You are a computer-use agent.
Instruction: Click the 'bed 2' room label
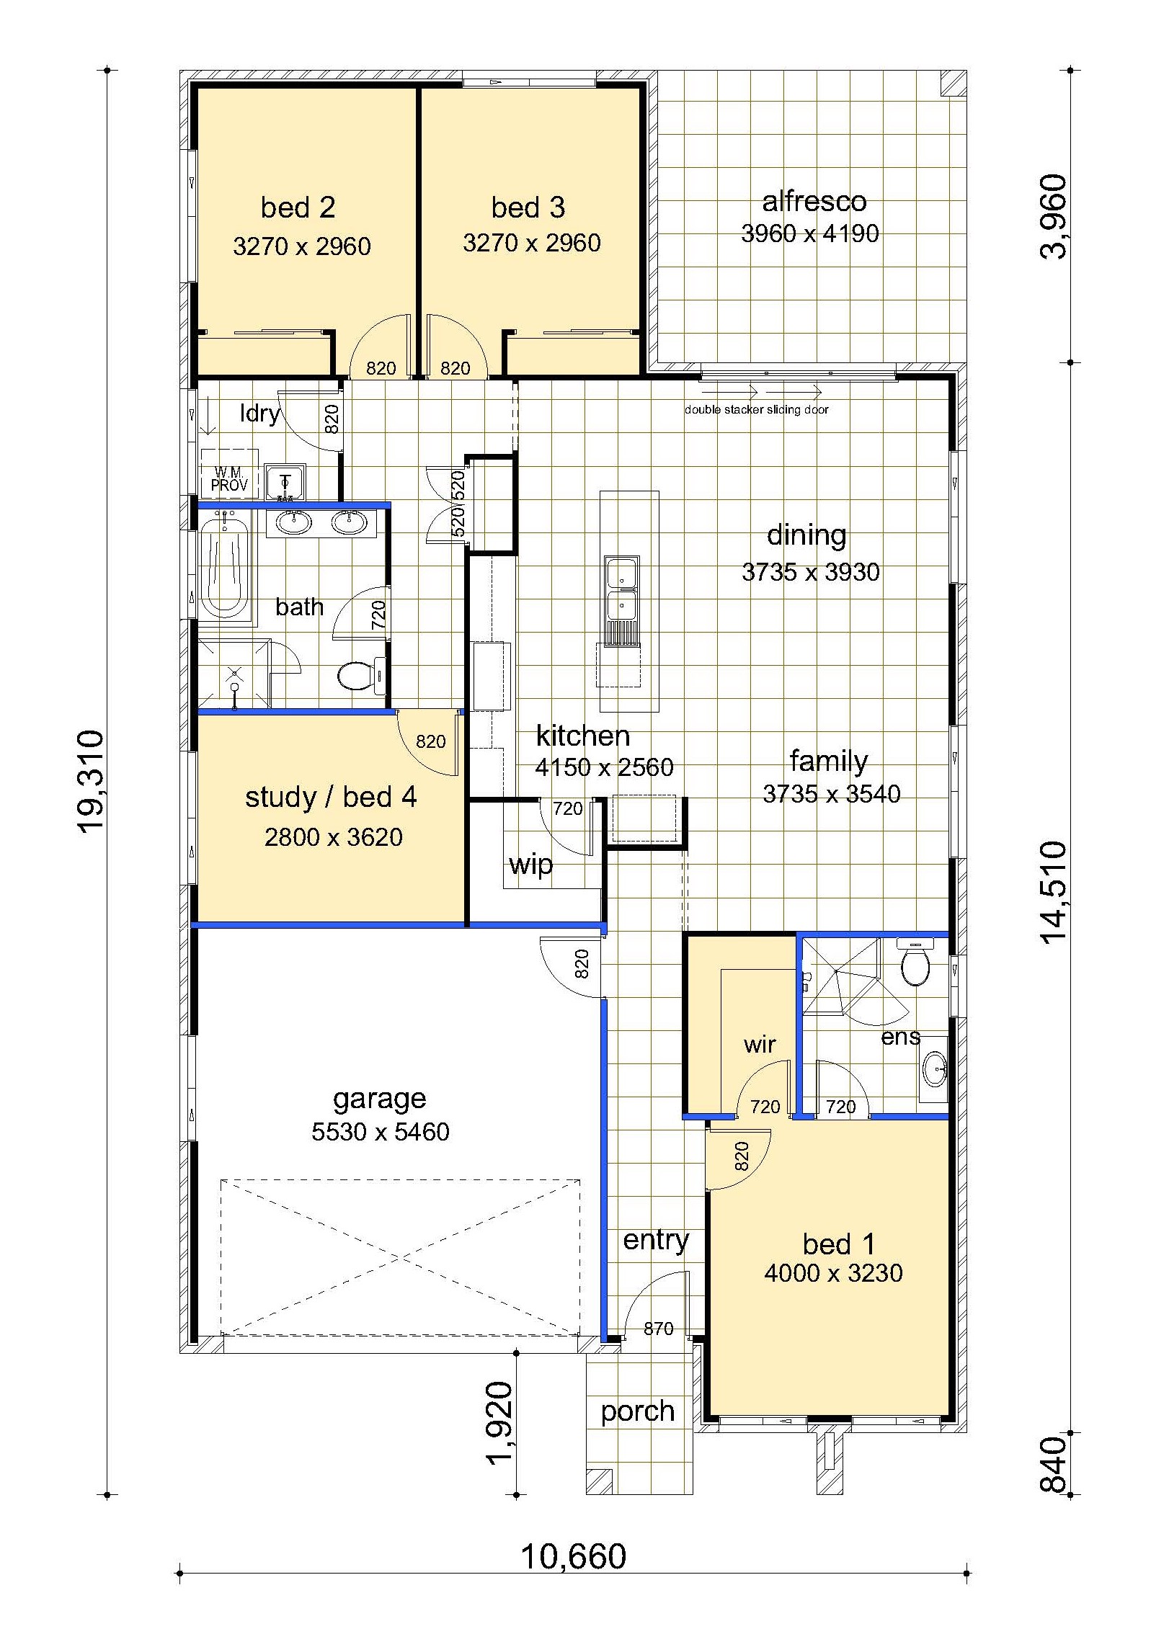(x=298, y=207)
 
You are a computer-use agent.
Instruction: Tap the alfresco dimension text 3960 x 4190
(x=810, y=233)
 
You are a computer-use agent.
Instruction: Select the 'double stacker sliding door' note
(x=757, y=410)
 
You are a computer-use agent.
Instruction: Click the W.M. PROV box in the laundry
(x=229, y=474)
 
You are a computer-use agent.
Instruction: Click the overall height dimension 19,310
(x=92, y=782)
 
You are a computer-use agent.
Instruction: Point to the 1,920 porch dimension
(x=499, y=1424)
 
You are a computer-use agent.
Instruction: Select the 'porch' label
(x=638, y=1412)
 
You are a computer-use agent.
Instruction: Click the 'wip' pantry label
(x=530, y=865)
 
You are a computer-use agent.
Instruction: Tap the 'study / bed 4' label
(x=331, y=798)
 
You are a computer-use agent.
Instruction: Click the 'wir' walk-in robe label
(x=760, y=1044)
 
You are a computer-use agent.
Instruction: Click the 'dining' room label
(x=806, y=535)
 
